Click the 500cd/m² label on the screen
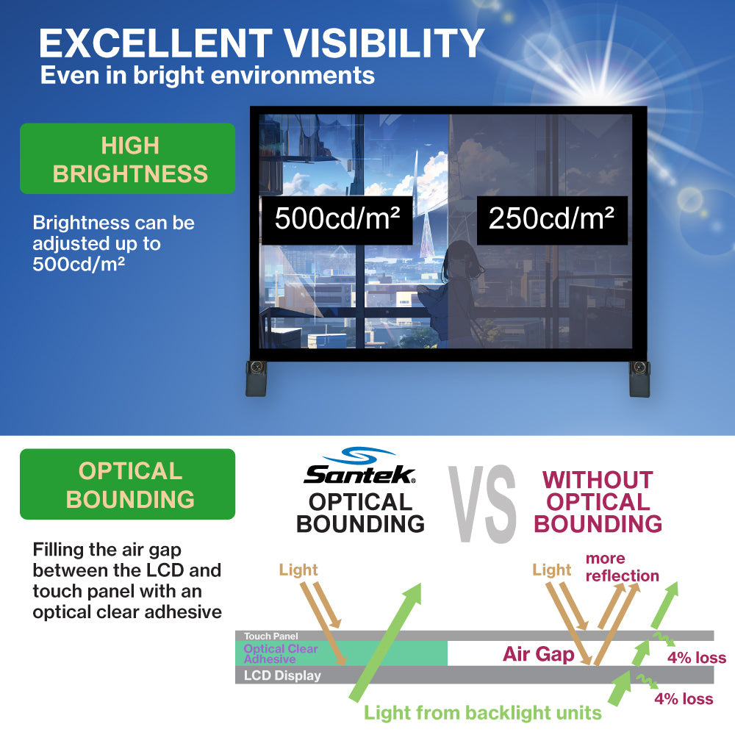337,220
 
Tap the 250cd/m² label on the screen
552,220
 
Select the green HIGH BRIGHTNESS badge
127,159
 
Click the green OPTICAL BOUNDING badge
127,484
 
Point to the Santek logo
360,466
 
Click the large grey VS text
482,504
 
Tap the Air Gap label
538,654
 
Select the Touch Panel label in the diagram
271,636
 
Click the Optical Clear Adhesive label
281,654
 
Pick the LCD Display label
283,675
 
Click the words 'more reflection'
623,567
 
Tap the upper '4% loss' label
697,658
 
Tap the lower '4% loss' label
684,699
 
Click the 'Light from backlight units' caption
483,713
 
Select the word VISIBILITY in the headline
384,43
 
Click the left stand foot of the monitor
257,379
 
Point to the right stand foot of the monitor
639,379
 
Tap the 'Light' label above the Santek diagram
298,570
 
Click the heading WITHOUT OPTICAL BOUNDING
598,502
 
